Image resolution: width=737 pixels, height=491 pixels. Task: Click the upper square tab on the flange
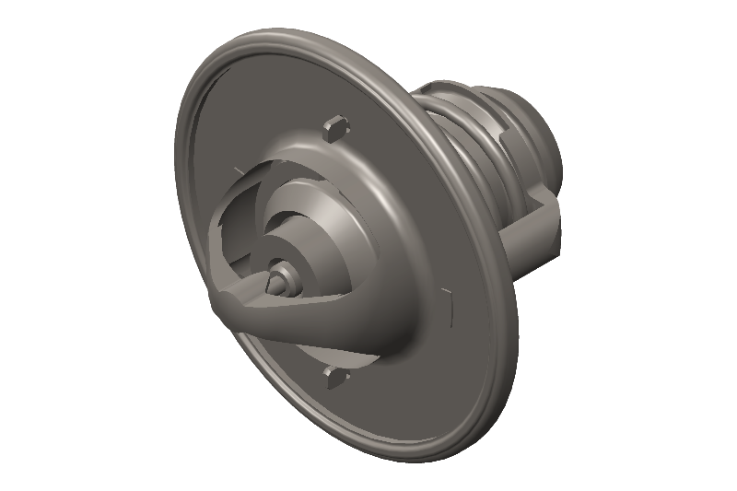[335, 126]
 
